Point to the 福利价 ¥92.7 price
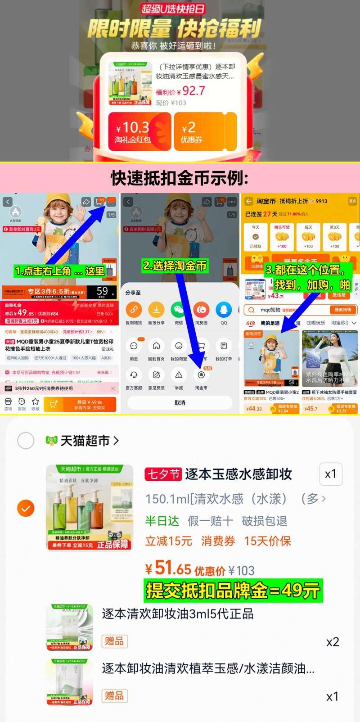click(x=180, y=91)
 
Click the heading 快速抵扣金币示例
click(x=180, y=178)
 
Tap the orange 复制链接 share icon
click(x=134, y=310)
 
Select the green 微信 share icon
click(x=179, y=310)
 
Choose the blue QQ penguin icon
click(x=224, y=310)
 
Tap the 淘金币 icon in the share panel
click(x=201, y=375)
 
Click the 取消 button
click(x=180, y=403)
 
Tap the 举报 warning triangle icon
click(x=179, y=375)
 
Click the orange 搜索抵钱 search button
click(x=343, y=310)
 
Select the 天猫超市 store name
click(x=85, y=441)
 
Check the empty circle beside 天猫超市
click(x=26, y=441)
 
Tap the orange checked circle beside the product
click(x=26, y=509)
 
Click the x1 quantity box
click(x=331, y=474)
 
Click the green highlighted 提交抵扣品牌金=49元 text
click(x=233, y=591)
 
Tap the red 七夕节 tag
click(x=163, y=474)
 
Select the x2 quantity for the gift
click(x=333, y=642)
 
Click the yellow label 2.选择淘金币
click(x=175, y=266)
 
